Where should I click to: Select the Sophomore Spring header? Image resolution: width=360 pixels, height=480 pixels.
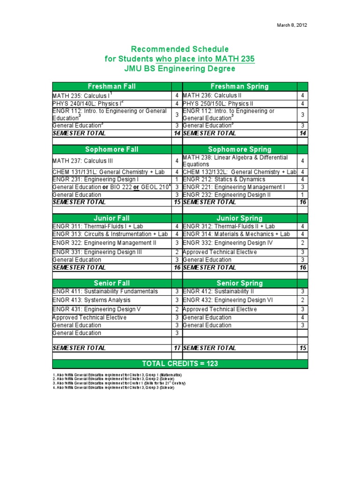point(240,149)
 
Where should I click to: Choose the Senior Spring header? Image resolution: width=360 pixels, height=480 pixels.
point(240,283)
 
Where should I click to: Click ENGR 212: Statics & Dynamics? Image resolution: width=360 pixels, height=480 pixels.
point(224,180)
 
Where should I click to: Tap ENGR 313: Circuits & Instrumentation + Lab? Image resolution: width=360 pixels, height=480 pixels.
point(110,234)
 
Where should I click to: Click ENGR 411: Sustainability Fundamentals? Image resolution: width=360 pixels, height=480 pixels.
point(105,291)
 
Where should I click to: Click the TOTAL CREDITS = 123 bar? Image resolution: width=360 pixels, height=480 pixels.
point(180,364)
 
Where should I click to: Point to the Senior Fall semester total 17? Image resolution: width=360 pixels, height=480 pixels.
point(177,348)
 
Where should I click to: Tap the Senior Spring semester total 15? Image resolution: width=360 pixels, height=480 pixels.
point(303,348)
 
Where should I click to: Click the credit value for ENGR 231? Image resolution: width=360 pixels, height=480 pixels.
point(177,180)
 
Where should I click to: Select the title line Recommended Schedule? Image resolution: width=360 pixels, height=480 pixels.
point(180,49)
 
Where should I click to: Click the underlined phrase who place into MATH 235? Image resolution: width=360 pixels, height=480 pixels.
point(205,59)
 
